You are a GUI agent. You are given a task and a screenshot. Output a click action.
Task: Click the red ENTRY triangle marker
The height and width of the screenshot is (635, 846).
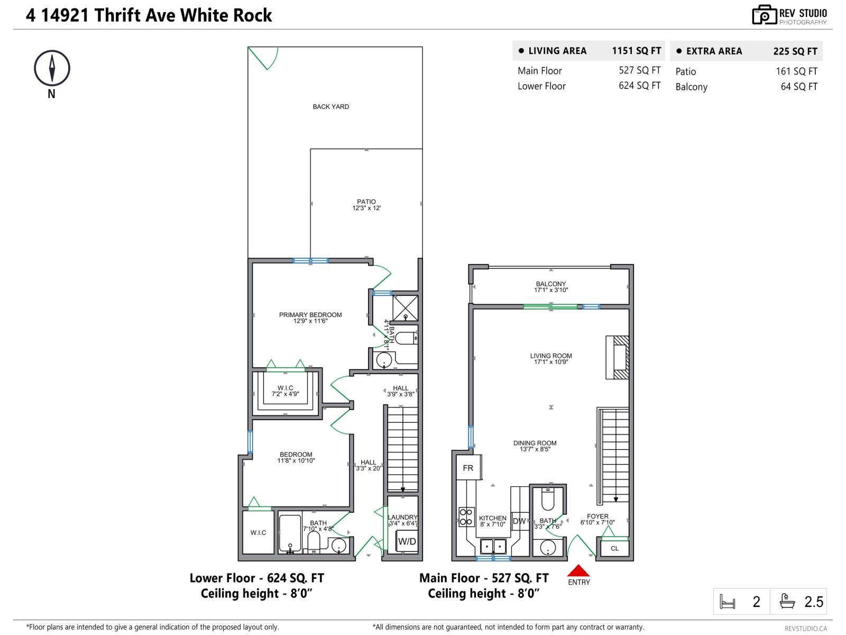coord(578,570)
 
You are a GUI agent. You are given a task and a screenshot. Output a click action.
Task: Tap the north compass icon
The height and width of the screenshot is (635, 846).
coord(52,68)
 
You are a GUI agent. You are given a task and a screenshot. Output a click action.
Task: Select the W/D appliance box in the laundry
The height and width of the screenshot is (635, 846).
coord(407,541)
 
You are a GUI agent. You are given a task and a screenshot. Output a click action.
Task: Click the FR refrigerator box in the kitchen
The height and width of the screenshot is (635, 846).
coord(468,468)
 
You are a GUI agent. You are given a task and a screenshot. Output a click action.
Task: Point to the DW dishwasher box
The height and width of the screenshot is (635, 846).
coord(519,521)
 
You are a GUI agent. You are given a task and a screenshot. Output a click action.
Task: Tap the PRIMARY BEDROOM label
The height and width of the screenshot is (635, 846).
coord(310,315)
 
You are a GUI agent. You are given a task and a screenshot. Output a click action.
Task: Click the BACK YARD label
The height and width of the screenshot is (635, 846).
coord(330,107)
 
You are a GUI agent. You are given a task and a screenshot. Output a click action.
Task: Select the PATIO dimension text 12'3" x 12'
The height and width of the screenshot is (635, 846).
coord(366,208)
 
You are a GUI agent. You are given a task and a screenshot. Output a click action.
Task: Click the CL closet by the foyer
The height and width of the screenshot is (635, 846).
coord(614,548)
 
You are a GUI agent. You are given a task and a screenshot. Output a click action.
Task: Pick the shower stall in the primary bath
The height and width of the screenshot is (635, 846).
coord(406,308)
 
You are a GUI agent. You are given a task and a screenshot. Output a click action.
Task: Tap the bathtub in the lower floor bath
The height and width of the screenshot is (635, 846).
coord(290,533)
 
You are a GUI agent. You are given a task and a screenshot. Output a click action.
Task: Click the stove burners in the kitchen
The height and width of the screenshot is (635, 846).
coord(466,517)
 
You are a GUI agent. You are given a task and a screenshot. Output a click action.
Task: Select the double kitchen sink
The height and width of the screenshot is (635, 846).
coord(493,546)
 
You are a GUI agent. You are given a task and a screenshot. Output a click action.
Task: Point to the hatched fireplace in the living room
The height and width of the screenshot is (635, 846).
coord(617,357)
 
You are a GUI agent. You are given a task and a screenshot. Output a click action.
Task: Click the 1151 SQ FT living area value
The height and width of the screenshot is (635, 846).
coord(636,51)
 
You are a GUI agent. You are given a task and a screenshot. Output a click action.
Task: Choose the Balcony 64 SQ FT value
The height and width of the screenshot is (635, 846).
coord(798,87)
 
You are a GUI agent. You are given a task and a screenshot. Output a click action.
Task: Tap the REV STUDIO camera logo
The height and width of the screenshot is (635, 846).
coord(764,15)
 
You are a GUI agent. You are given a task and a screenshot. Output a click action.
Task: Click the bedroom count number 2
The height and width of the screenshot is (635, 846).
coord(756,602)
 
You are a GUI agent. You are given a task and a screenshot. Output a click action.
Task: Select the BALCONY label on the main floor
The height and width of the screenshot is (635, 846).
coord(550,284)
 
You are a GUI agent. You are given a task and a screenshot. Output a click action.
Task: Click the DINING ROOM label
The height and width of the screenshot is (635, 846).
coord(535,443)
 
